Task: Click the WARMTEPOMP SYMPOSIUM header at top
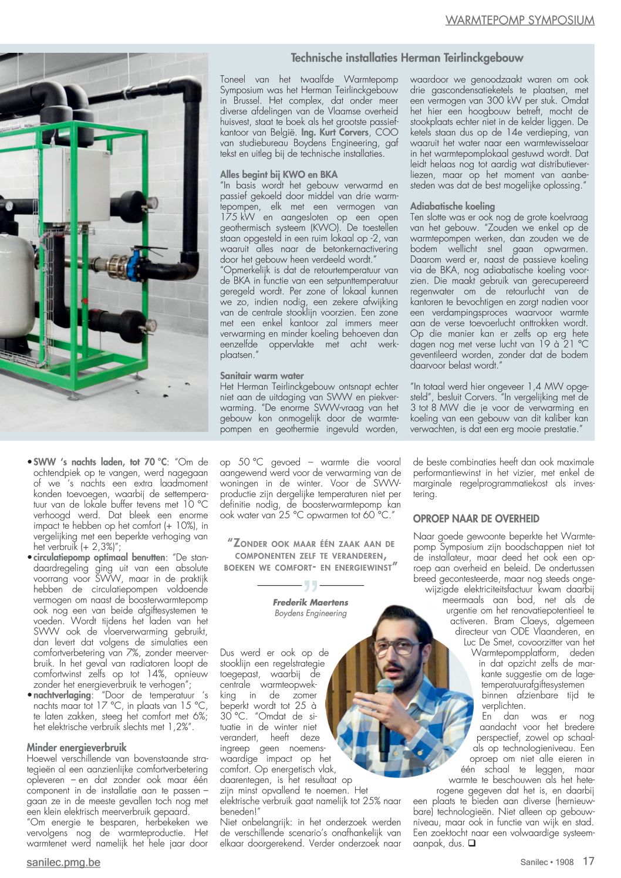[x=519, y=21]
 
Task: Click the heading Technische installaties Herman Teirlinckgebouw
[x=407, y=58]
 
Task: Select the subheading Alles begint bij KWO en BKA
[x=279, y=174]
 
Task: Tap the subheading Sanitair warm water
[x=262, y=376]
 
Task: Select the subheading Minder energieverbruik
[x=76, y=748]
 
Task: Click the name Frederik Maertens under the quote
[x=310, y=603]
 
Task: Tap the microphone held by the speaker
[x=385, y=704]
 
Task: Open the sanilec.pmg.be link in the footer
[x=63, y=862]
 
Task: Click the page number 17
[x=588, y=862]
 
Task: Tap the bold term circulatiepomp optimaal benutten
[x=99, y=558]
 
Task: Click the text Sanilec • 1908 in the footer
[x=546, y=862]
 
